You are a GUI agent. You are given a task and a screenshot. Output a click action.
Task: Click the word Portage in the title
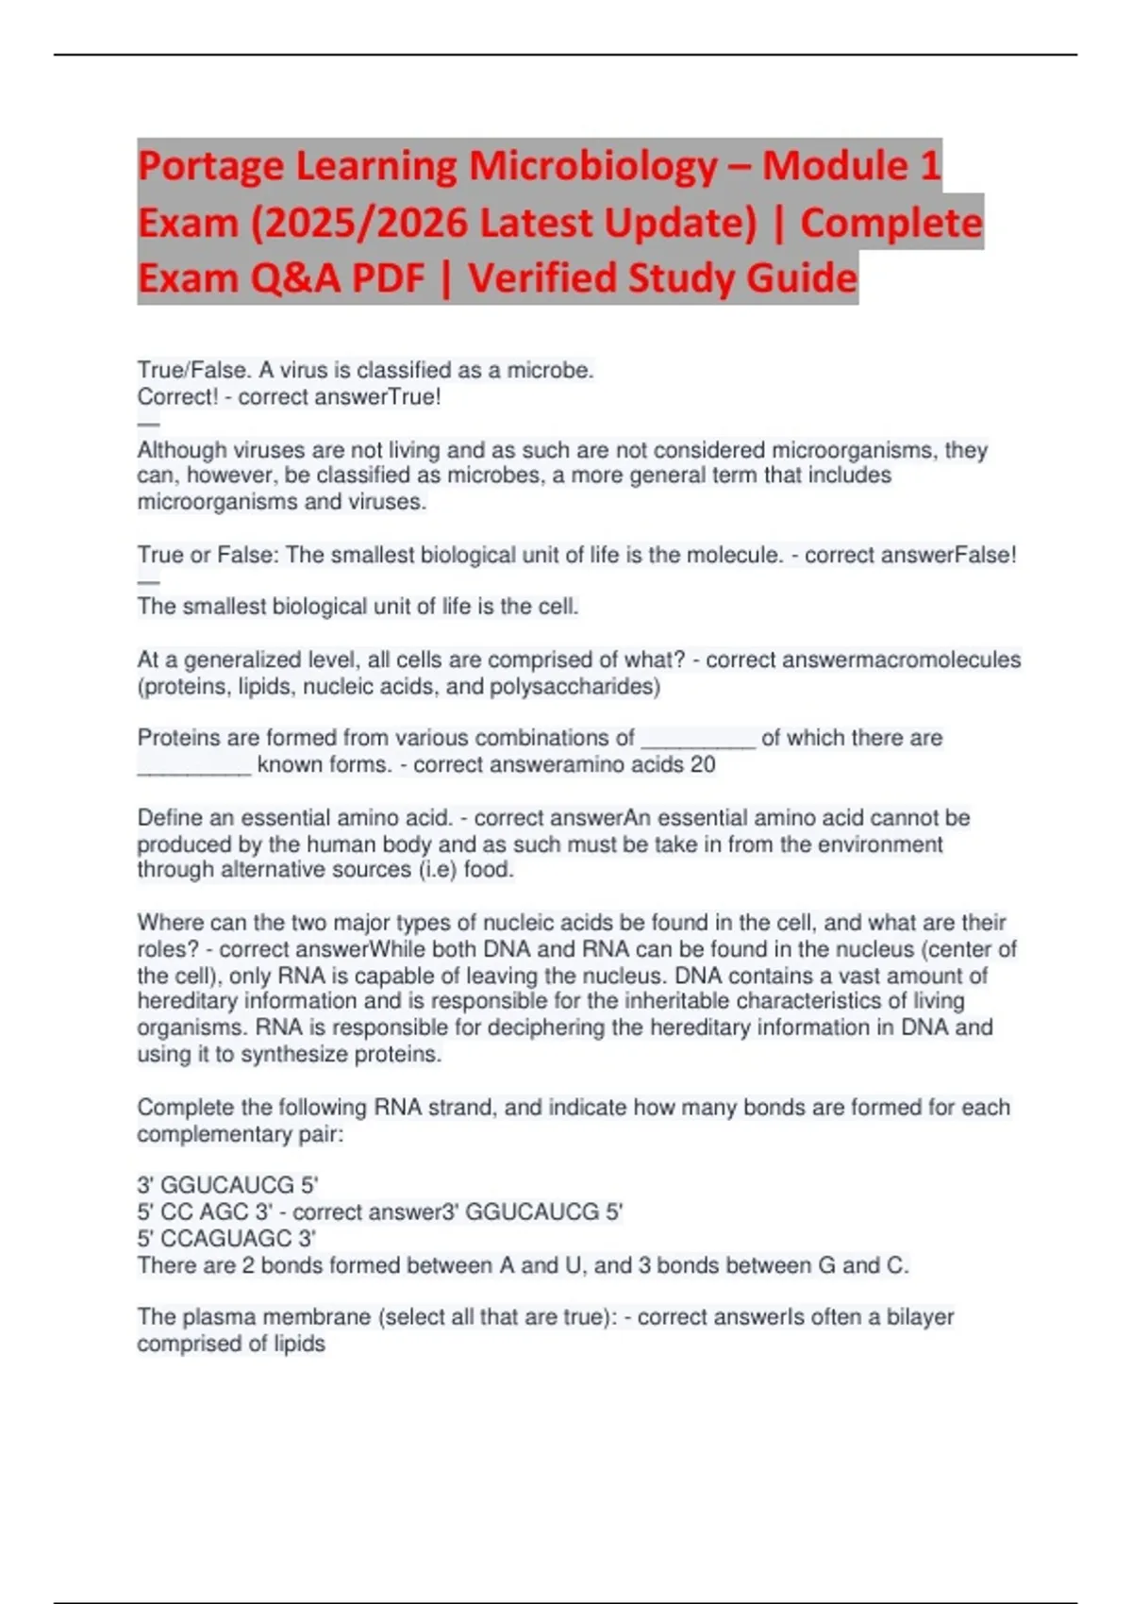[210, 167]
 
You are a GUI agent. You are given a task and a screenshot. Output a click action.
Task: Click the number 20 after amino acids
[703, 764]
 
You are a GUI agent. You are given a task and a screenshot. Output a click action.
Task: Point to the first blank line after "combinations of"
[698, 740]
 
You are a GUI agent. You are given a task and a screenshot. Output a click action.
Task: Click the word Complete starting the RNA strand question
[185, 1107]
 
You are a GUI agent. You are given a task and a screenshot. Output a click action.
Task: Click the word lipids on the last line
[299, 1344]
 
